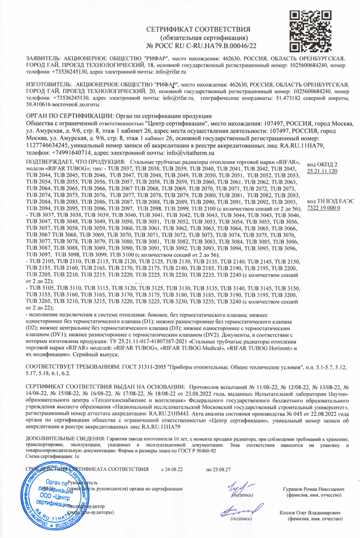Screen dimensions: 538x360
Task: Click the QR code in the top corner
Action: coord(309,31)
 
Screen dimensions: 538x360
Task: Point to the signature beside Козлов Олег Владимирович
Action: coord(240,510)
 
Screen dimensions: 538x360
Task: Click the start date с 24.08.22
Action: coord(172,469)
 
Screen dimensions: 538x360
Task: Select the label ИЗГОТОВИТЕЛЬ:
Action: coord(48,84)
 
